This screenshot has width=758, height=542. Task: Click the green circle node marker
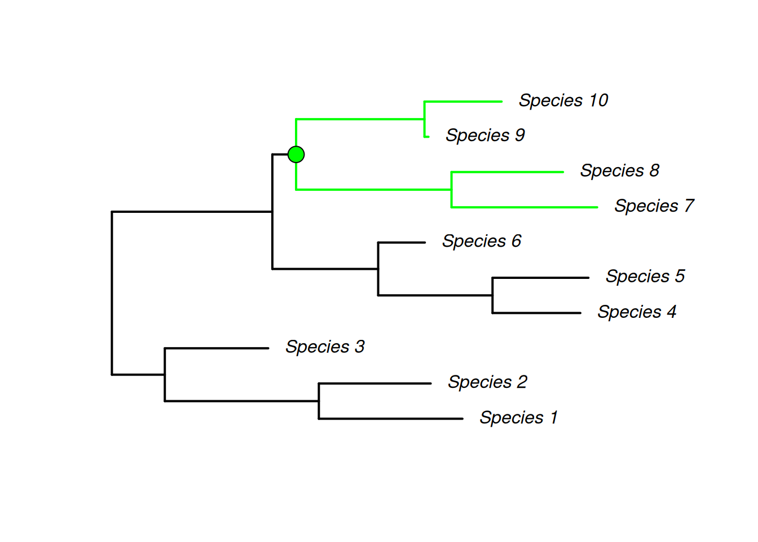click(x=296, y=154)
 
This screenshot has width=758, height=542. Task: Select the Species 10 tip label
click(x=563, y=100)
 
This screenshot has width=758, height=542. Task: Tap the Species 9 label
click(x=485, y=135)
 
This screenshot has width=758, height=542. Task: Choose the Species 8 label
click(x=619, y=171)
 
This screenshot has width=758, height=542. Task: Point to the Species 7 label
click(x=654, y=206)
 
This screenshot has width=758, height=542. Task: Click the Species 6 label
click(x=481, y=241)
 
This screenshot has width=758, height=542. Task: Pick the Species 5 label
click(x=645, y=276)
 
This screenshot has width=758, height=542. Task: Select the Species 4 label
click(x=637, y=312)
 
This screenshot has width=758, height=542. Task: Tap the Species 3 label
click(x=325, y=347)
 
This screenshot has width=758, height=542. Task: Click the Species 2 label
click(x=487, y=382)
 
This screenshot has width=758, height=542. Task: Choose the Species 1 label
click(x=518, y=418)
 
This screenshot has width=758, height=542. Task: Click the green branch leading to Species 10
click(x=462, y=102)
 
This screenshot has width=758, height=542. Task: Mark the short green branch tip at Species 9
click(x=426, y=137)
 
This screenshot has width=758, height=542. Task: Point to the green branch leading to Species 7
click(x=525, y=207)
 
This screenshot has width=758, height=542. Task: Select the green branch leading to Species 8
click(x=508, y=172)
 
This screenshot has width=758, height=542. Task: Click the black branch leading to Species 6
click(x=402, y=243)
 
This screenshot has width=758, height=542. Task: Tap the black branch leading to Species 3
click(x=217, y=348)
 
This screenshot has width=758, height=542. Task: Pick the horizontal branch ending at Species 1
click(x=391, y=419)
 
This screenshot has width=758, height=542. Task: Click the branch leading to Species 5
click(x=540, y=278)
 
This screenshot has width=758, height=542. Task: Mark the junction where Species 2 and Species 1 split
click(x=319, y=401)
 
